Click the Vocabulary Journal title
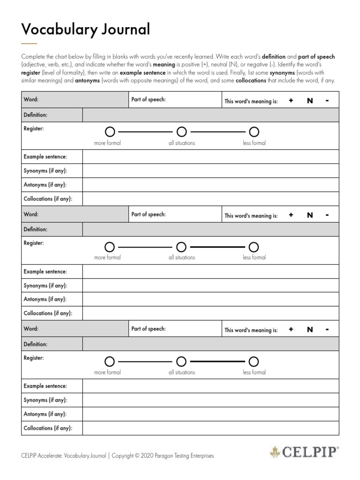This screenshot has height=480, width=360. [x=86, y=30]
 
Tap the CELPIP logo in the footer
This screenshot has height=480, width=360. [x=304, y=452]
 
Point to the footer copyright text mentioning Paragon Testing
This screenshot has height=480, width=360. [x=118, y=455]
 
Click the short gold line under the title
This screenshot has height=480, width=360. [x=29, y=43]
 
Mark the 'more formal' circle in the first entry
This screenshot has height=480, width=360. [x=110, y=131]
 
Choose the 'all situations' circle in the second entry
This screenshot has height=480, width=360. [x=181, y=247]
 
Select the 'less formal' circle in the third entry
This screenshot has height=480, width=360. [x=254, y=361]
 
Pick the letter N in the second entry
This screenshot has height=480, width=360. [x=309, y=215]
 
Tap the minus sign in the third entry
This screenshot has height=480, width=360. [x=327, y=330]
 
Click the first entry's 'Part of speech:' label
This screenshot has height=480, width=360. [x=149, y=100]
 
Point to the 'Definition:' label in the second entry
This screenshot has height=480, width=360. [x=36, y=230]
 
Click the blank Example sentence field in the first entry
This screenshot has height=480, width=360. [x=210, y=157]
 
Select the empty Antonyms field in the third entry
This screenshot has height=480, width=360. [x=210, y=414]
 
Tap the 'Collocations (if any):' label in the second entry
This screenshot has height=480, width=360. [x=48, y=313]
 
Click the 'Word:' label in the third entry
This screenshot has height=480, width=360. [x=31, y=329]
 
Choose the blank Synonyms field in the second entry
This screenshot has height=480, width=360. [x=210, y=285]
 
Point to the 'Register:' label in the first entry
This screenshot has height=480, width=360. [x=34, y=128]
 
